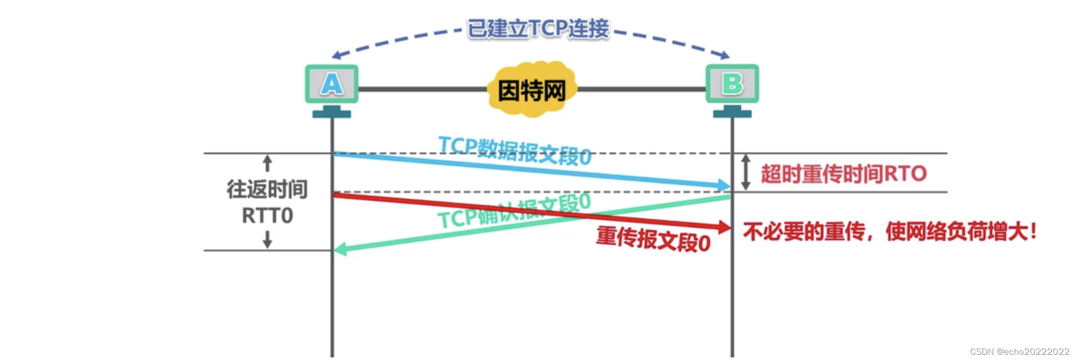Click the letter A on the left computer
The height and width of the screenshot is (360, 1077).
coord(332,84)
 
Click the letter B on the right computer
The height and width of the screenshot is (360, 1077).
coord(732,84)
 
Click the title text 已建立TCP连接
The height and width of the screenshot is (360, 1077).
coord(538,29)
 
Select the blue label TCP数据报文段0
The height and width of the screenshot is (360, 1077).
coord(515,150)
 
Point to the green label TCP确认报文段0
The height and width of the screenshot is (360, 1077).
coord(514,211)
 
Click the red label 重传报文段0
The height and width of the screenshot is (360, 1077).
coord(653,239)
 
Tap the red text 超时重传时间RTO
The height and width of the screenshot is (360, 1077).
coord(844,174)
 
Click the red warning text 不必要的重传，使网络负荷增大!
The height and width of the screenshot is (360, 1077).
coord(890,231)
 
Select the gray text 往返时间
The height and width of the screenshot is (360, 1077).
coord(267,189)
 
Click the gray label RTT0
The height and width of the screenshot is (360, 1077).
coord(267,215)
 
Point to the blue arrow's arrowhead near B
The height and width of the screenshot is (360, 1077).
coord(724,185)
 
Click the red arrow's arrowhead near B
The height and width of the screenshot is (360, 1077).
coord(724,227)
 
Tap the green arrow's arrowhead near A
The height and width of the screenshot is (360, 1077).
coord(340,250)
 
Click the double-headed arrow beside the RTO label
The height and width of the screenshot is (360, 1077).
coord(745,172)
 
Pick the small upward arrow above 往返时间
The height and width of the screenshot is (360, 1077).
coord(267,163)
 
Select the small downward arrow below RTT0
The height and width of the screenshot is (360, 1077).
coord(267,240)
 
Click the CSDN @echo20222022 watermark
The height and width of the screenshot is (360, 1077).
coord(1019,352)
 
